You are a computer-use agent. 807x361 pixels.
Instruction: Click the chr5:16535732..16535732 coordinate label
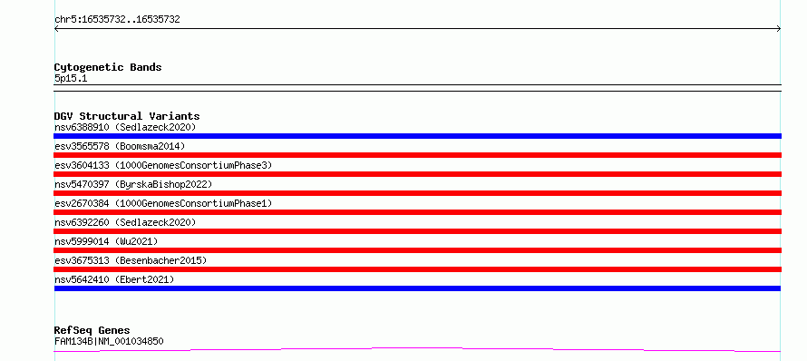(117, 20)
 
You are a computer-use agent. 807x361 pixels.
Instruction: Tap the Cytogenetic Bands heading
(108, 67)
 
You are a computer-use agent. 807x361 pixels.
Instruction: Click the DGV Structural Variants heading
(127, 116)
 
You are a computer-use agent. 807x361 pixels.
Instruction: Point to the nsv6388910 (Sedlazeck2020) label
(125, 127)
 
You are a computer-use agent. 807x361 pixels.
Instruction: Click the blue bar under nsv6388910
(417, 136)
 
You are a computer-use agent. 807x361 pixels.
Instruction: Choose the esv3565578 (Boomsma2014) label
(120, 146)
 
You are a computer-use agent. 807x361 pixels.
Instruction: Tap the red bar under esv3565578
(417, 155)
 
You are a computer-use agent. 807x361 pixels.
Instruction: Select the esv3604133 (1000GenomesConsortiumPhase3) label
(163, 165)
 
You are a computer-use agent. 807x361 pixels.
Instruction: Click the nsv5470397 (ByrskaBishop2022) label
(133, 184)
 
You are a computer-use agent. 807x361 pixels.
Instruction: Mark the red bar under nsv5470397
(417, 193)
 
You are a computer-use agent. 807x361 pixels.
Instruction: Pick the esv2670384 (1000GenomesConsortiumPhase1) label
(163, 203)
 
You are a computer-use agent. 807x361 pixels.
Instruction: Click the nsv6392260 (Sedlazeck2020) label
(125, 222)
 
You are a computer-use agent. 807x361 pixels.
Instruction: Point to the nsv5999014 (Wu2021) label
(106, 241)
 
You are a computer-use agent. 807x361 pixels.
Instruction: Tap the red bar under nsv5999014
(417, 250)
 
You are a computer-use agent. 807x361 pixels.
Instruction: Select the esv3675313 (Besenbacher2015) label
(131, 260)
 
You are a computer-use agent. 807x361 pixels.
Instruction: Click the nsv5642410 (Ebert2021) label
(114, 279)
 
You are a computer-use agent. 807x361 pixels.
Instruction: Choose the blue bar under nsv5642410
(417, 288)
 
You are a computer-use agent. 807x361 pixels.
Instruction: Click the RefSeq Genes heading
(92, 330)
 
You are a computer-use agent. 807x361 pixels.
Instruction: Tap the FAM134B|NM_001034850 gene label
(109, 341)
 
